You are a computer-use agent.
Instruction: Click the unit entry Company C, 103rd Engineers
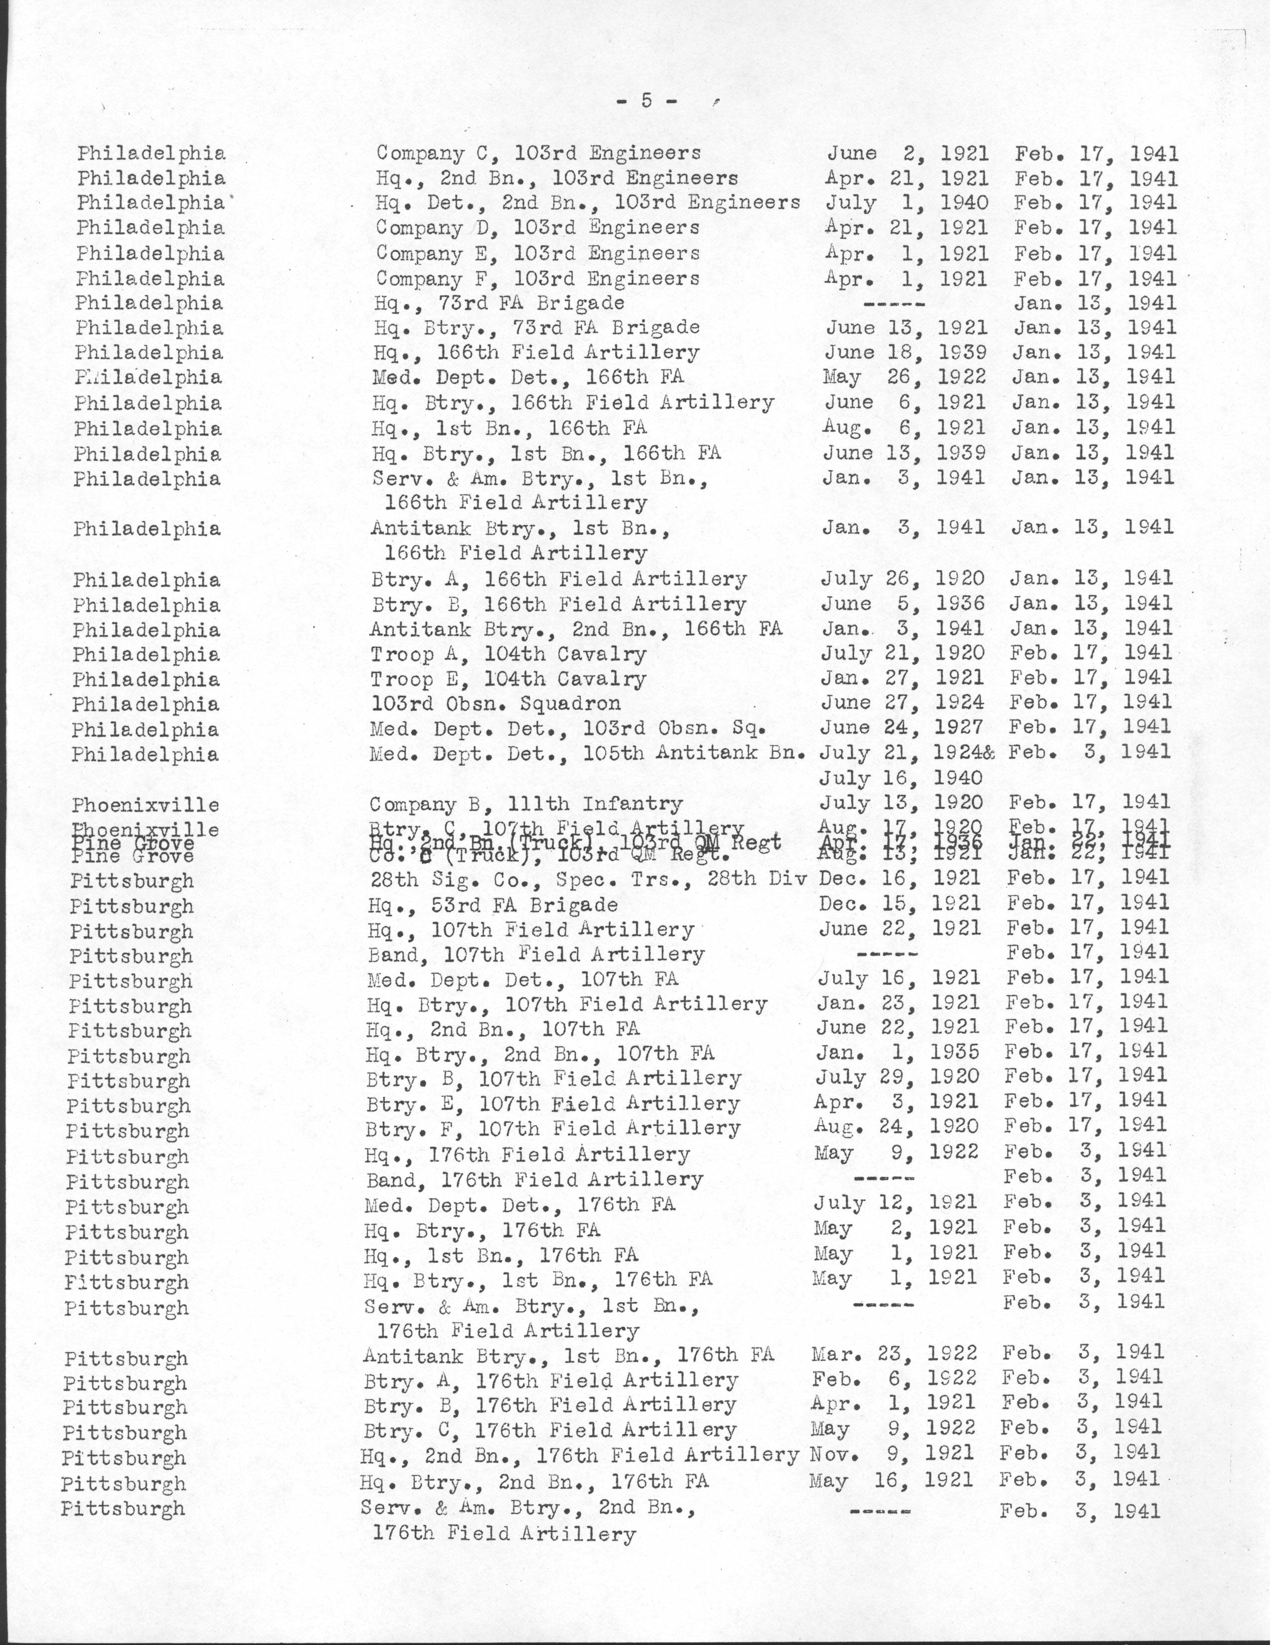[538, 154]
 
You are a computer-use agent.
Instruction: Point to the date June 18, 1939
[906, 352]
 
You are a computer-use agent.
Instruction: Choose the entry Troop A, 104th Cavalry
[508, 654]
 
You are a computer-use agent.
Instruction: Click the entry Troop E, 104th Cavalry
[508, 679]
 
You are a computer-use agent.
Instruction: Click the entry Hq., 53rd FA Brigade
[492, 905]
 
